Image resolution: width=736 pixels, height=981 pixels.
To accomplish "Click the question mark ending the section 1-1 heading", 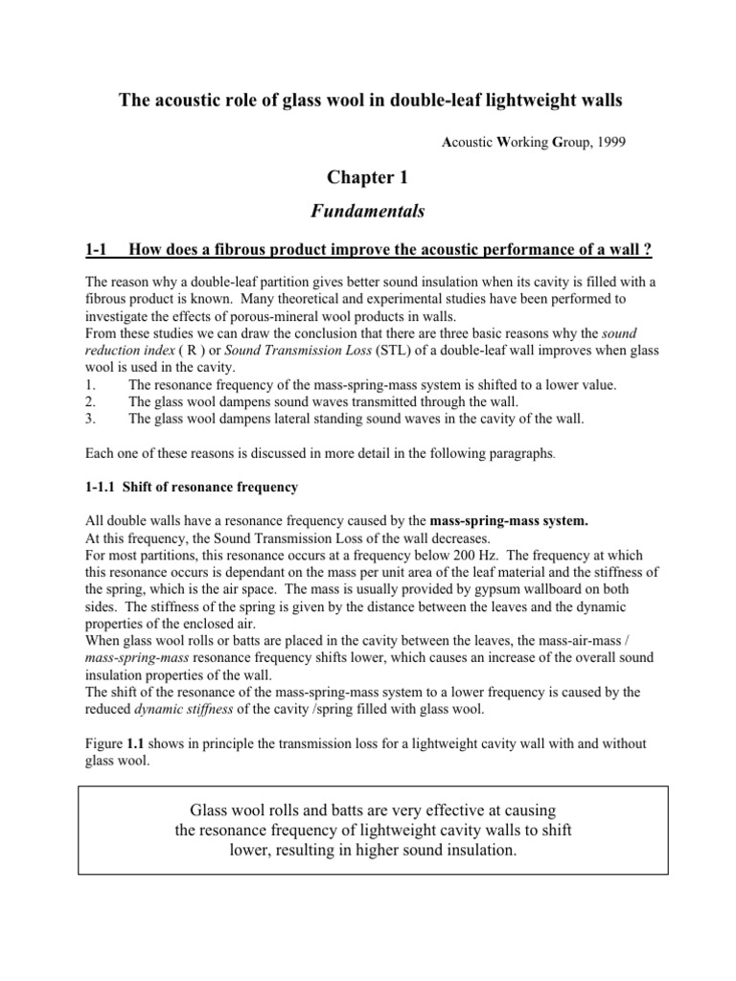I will click(649, 251).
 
